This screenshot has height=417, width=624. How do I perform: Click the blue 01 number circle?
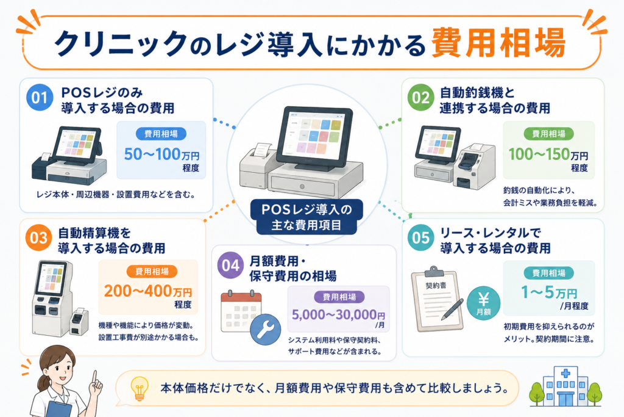(x=40, y=98)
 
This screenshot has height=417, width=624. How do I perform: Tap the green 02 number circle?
(x=420, y=98)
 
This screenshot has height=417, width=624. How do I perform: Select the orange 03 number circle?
(x=38, y=238)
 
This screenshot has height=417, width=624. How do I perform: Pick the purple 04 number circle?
(x=230, y=265)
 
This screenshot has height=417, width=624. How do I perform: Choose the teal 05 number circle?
(x=420, y=238)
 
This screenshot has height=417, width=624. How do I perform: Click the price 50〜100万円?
(x=161, y=154)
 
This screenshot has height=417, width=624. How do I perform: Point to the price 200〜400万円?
(x=148, y=291)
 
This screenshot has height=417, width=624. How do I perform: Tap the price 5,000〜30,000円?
(x=338, y=315)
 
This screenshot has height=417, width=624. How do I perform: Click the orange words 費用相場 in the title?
(x=498, y=43)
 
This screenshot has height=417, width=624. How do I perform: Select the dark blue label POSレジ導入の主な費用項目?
(x=307, y=217)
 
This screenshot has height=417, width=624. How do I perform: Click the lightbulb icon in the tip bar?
(x=140, y=388)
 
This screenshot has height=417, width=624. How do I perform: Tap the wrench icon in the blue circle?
(x=266, y=329)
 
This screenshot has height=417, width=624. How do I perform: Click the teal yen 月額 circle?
(x=483, y=303)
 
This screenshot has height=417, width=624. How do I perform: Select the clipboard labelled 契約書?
(x=437, y=299)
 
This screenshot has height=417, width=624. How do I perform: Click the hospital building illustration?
(x=565, y=386)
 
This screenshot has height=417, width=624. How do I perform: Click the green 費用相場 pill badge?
(x=549, y=134)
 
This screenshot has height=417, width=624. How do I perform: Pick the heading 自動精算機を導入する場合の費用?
(x=112, y=241)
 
